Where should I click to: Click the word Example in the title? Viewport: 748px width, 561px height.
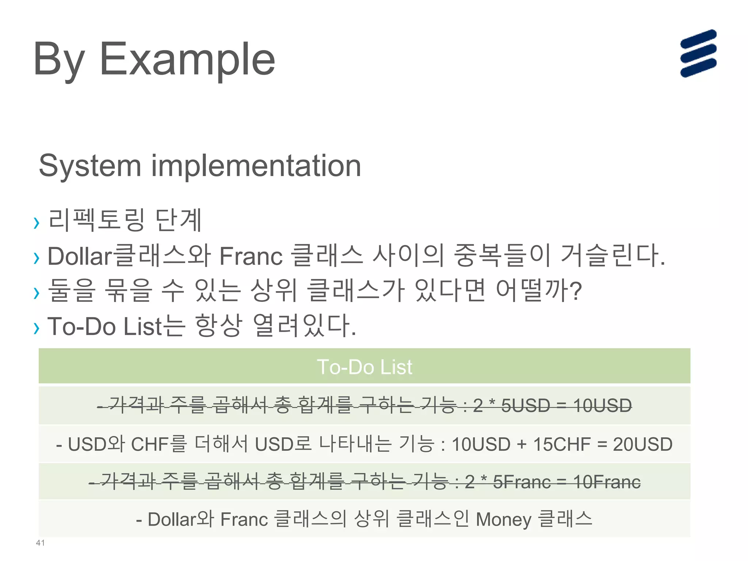[187, 59]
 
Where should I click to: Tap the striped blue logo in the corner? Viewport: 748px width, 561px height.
[698, 53]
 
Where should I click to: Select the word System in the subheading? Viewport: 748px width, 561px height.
[90, 166]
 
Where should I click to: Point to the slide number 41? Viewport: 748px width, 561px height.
[40, 543]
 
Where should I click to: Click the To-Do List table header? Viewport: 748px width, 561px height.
[364, 367]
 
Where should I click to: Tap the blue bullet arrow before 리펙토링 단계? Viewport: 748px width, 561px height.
[36, 222]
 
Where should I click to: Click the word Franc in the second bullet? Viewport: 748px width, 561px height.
[251, 256]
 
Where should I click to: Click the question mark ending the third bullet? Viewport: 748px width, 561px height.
[575, 291]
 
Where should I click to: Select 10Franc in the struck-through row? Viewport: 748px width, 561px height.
[607, 482]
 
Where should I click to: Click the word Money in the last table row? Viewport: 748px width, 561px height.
[504, 519]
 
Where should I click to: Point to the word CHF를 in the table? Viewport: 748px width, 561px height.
[159, 444]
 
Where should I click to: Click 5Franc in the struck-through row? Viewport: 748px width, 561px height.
[522, 482]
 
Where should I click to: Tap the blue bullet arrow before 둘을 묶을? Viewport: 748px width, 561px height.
[36, 293]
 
